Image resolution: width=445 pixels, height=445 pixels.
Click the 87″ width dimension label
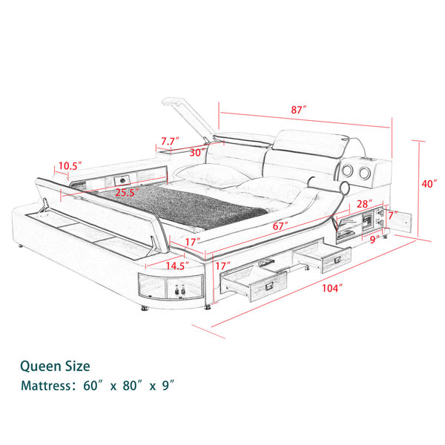299,110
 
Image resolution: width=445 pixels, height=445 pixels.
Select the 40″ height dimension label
429,184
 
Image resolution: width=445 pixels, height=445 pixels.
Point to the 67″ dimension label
280,226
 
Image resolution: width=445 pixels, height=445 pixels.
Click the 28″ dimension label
365,203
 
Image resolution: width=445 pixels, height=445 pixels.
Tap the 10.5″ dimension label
70,165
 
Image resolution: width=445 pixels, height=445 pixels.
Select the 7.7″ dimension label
170,141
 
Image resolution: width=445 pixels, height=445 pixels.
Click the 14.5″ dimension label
177,266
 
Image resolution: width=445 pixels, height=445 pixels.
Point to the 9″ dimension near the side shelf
375,240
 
